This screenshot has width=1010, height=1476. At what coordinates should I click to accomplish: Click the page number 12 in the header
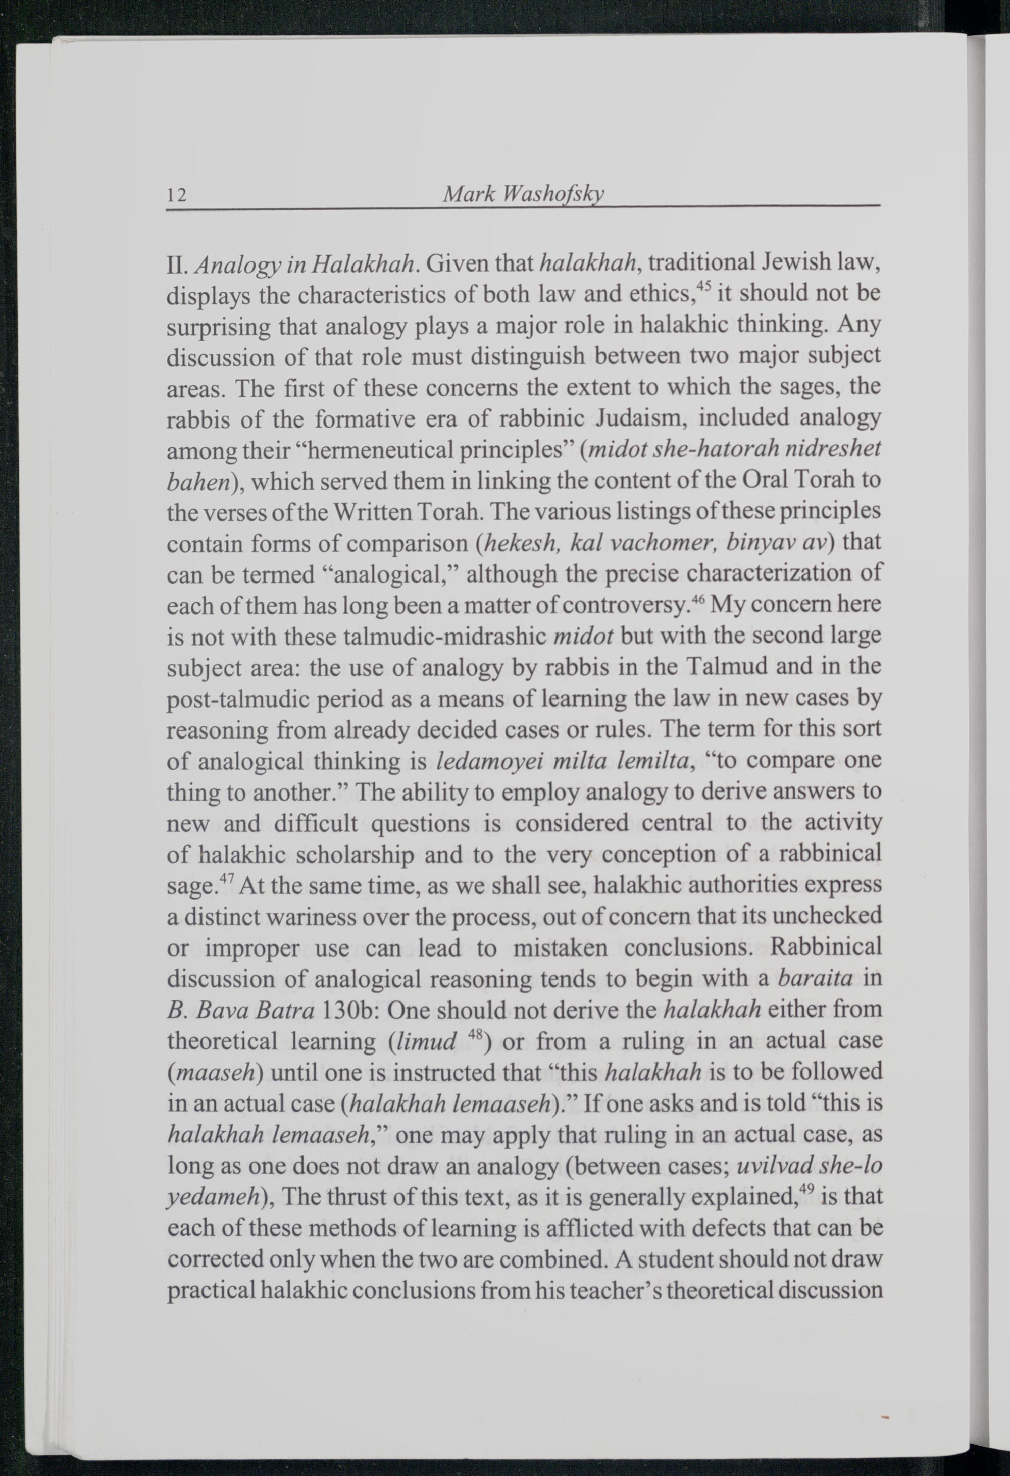point(176,194)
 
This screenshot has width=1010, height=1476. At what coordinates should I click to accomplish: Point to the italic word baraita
point(815,979)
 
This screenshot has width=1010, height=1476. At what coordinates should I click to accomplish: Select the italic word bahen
point(197,483)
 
